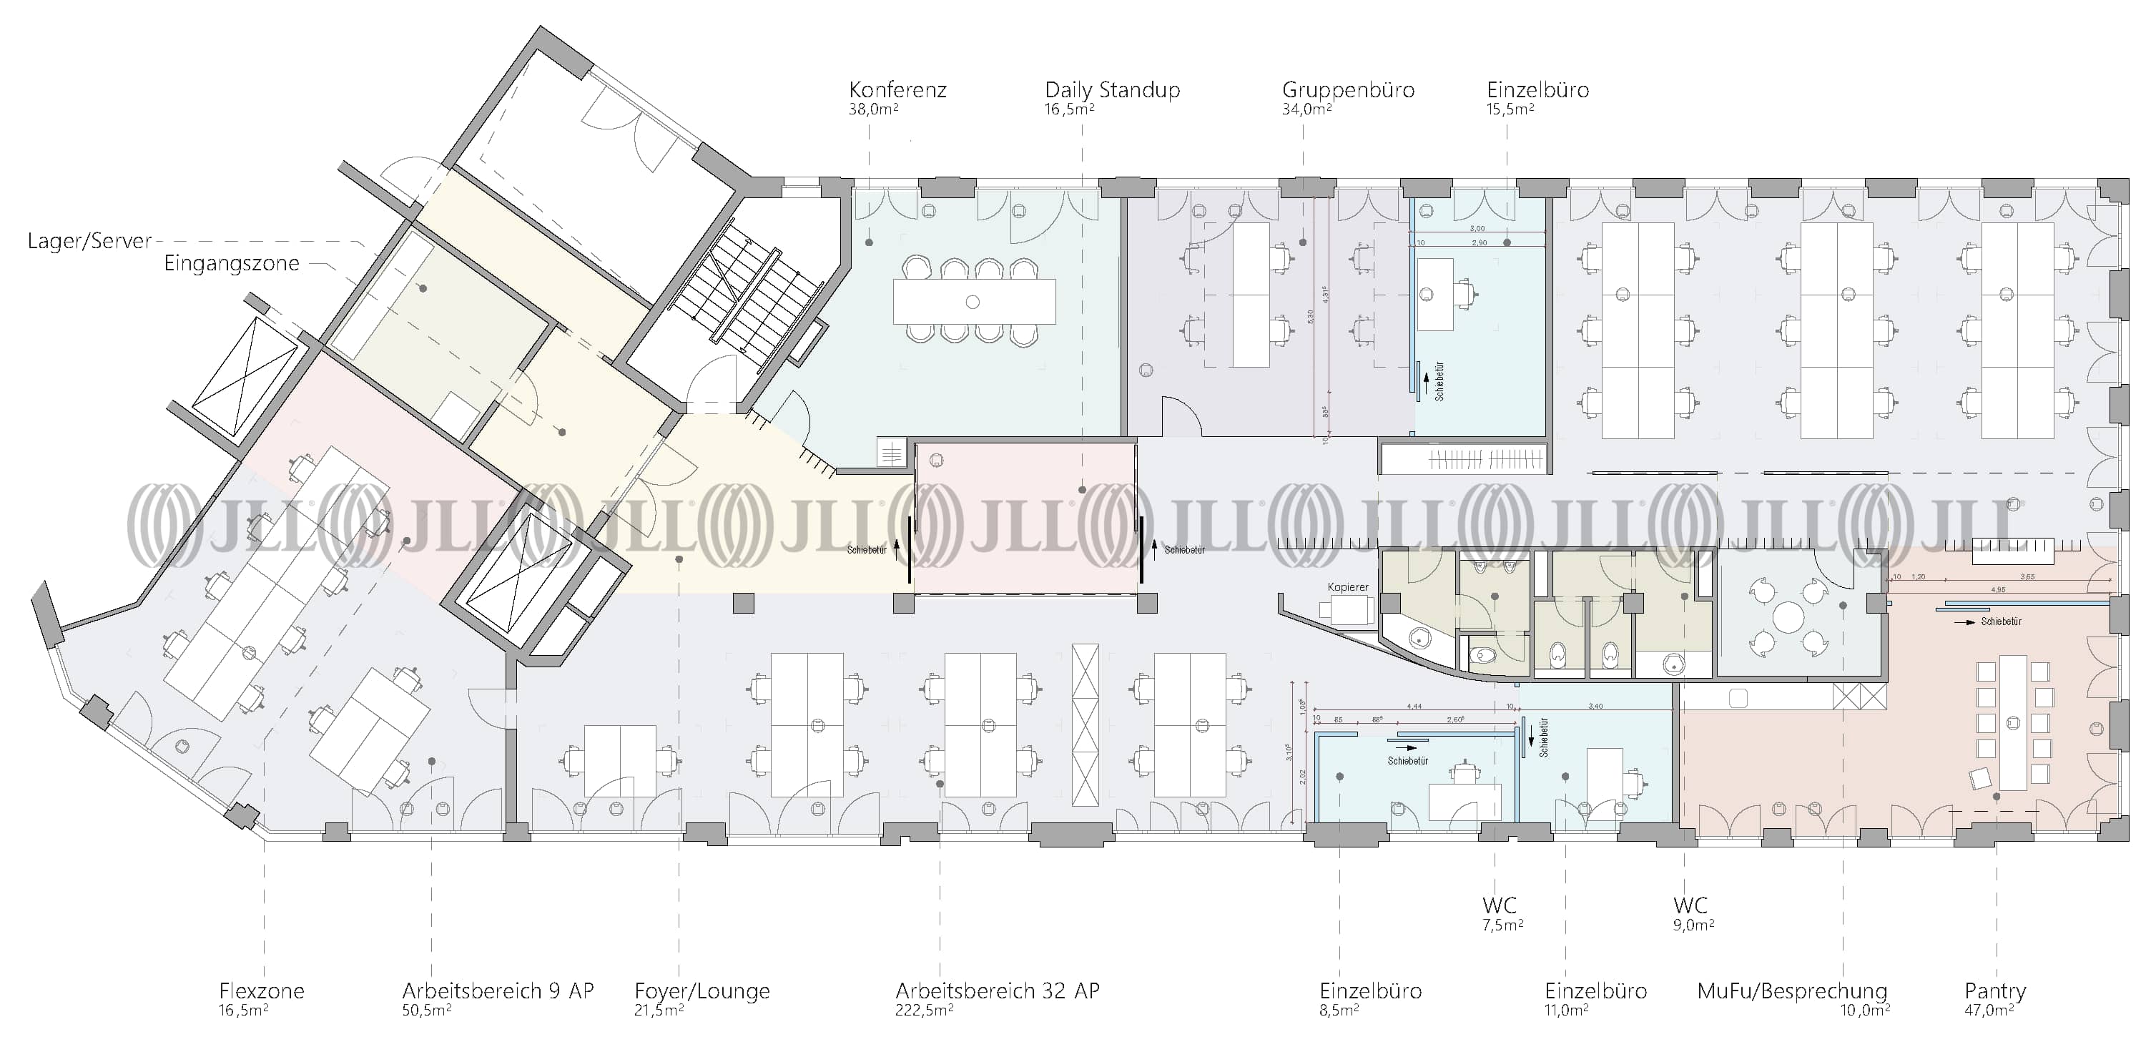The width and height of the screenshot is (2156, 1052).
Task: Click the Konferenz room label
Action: coord(897,89)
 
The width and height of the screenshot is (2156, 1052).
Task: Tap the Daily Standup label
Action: coord(1112,89)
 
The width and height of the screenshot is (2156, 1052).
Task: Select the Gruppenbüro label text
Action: coord(1347,89)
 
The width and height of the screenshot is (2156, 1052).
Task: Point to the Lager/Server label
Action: coord(89,241)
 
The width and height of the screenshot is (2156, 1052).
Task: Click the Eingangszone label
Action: coord(231,264)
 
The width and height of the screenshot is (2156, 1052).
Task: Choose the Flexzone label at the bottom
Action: coord(261,991)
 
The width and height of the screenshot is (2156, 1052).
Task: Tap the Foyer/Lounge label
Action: coord(702,991)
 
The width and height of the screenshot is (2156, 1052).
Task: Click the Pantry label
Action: coord(1994,991)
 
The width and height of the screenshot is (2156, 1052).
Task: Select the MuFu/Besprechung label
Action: coord(1792,991)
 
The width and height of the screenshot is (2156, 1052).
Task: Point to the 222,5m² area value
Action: coord(924,1010)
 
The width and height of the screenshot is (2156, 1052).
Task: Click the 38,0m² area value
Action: coord(873,109)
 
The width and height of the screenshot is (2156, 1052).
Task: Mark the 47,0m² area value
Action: coord(1989,1010)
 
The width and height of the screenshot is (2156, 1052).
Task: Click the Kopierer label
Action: coord(1347,586)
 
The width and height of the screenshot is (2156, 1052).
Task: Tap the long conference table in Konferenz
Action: coord(973,301)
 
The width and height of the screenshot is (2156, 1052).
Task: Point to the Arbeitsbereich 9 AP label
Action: coord(497,991)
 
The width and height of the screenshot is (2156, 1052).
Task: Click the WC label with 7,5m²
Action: coord(1499,905)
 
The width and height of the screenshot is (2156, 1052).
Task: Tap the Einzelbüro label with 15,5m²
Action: coord(1537,89)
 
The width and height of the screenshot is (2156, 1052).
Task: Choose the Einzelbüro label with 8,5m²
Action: coord(1370,991)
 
